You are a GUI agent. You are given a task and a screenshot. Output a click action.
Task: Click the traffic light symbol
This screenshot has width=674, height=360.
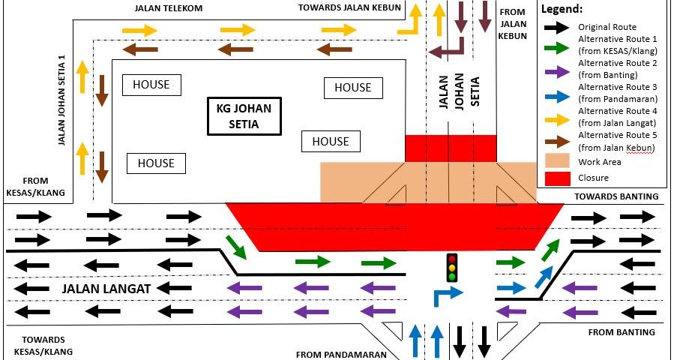pyautogui.click(x=451, y=268)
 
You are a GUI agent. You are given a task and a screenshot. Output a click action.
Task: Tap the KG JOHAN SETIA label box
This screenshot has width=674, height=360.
pyautogui.click(x=244, y=115)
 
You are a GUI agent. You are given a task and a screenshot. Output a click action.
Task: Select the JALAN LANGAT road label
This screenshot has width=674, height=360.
pyautogui.click(x=107, y=288)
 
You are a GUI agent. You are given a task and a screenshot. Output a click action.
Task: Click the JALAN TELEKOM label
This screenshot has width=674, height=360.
pyautogui.click(x=169, y=8)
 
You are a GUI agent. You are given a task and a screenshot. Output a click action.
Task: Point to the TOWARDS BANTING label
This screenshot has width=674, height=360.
pyautogui.click(x=616, y=196)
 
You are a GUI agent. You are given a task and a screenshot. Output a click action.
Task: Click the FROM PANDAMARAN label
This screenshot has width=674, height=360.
pyautogui.click(x=341, y=354)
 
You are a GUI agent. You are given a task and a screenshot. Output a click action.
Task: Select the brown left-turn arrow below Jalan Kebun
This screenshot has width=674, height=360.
pyautogui.click(x=448, y=51)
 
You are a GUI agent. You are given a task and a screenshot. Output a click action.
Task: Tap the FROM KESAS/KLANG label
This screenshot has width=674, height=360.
pyautogui.click(x=35, y=187)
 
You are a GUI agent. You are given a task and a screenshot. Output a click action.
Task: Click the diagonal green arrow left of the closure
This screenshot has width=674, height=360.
pyautogui.click(x=235, y=247)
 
